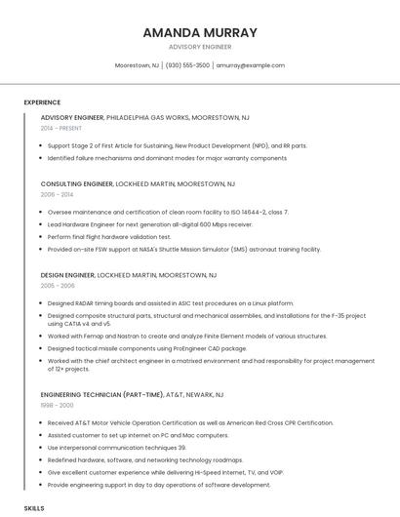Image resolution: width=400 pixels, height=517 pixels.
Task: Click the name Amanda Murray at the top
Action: pos(200,32)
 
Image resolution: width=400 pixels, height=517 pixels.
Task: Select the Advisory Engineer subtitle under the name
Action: pos(200,47)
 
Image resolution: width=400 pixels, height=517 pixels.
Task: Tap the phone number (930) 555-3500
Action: pos(187,65)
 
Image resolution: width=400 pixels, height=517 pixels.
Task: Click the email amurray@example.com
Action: pos(250,65)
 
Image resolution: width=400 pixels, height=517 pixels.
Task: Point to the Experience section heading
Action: pos(42,102)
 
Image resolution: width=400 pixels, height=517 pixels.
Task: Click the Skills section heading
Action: pos(34,508)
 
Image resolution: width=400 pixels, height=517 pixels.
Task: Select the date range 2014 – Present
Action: pos(61,128)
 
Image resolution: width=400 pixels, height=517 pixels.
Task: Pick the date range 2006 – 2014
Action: pos(57,194)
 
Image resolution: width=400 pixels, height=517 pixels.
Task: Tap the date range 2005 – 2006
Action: pos(58,286)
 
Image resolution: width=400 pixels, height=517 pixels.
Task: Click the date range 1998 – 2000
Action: pos(57,405)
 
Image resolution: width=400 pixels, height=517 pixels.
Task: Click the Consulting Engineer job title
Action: pos(77,183)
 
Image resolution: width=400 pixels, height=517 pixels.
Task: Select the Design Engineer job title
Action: pos(67,275)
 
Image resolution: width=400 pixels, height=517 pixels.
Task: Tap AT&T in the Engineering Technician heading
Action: pos(174,395)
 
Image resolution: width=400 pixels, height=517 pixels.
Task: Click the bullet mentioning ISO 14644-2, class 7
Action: pos(168,212)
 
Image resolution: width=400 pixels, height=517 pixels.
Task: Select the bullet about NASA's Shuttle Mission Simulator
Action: pos(183,249)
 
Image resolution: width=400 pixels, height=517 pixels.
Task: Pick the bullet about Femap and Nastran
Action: pos(174,336)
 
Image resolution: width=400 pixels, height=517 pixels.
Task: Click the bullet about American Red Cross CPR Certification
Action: pos(190,423)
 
